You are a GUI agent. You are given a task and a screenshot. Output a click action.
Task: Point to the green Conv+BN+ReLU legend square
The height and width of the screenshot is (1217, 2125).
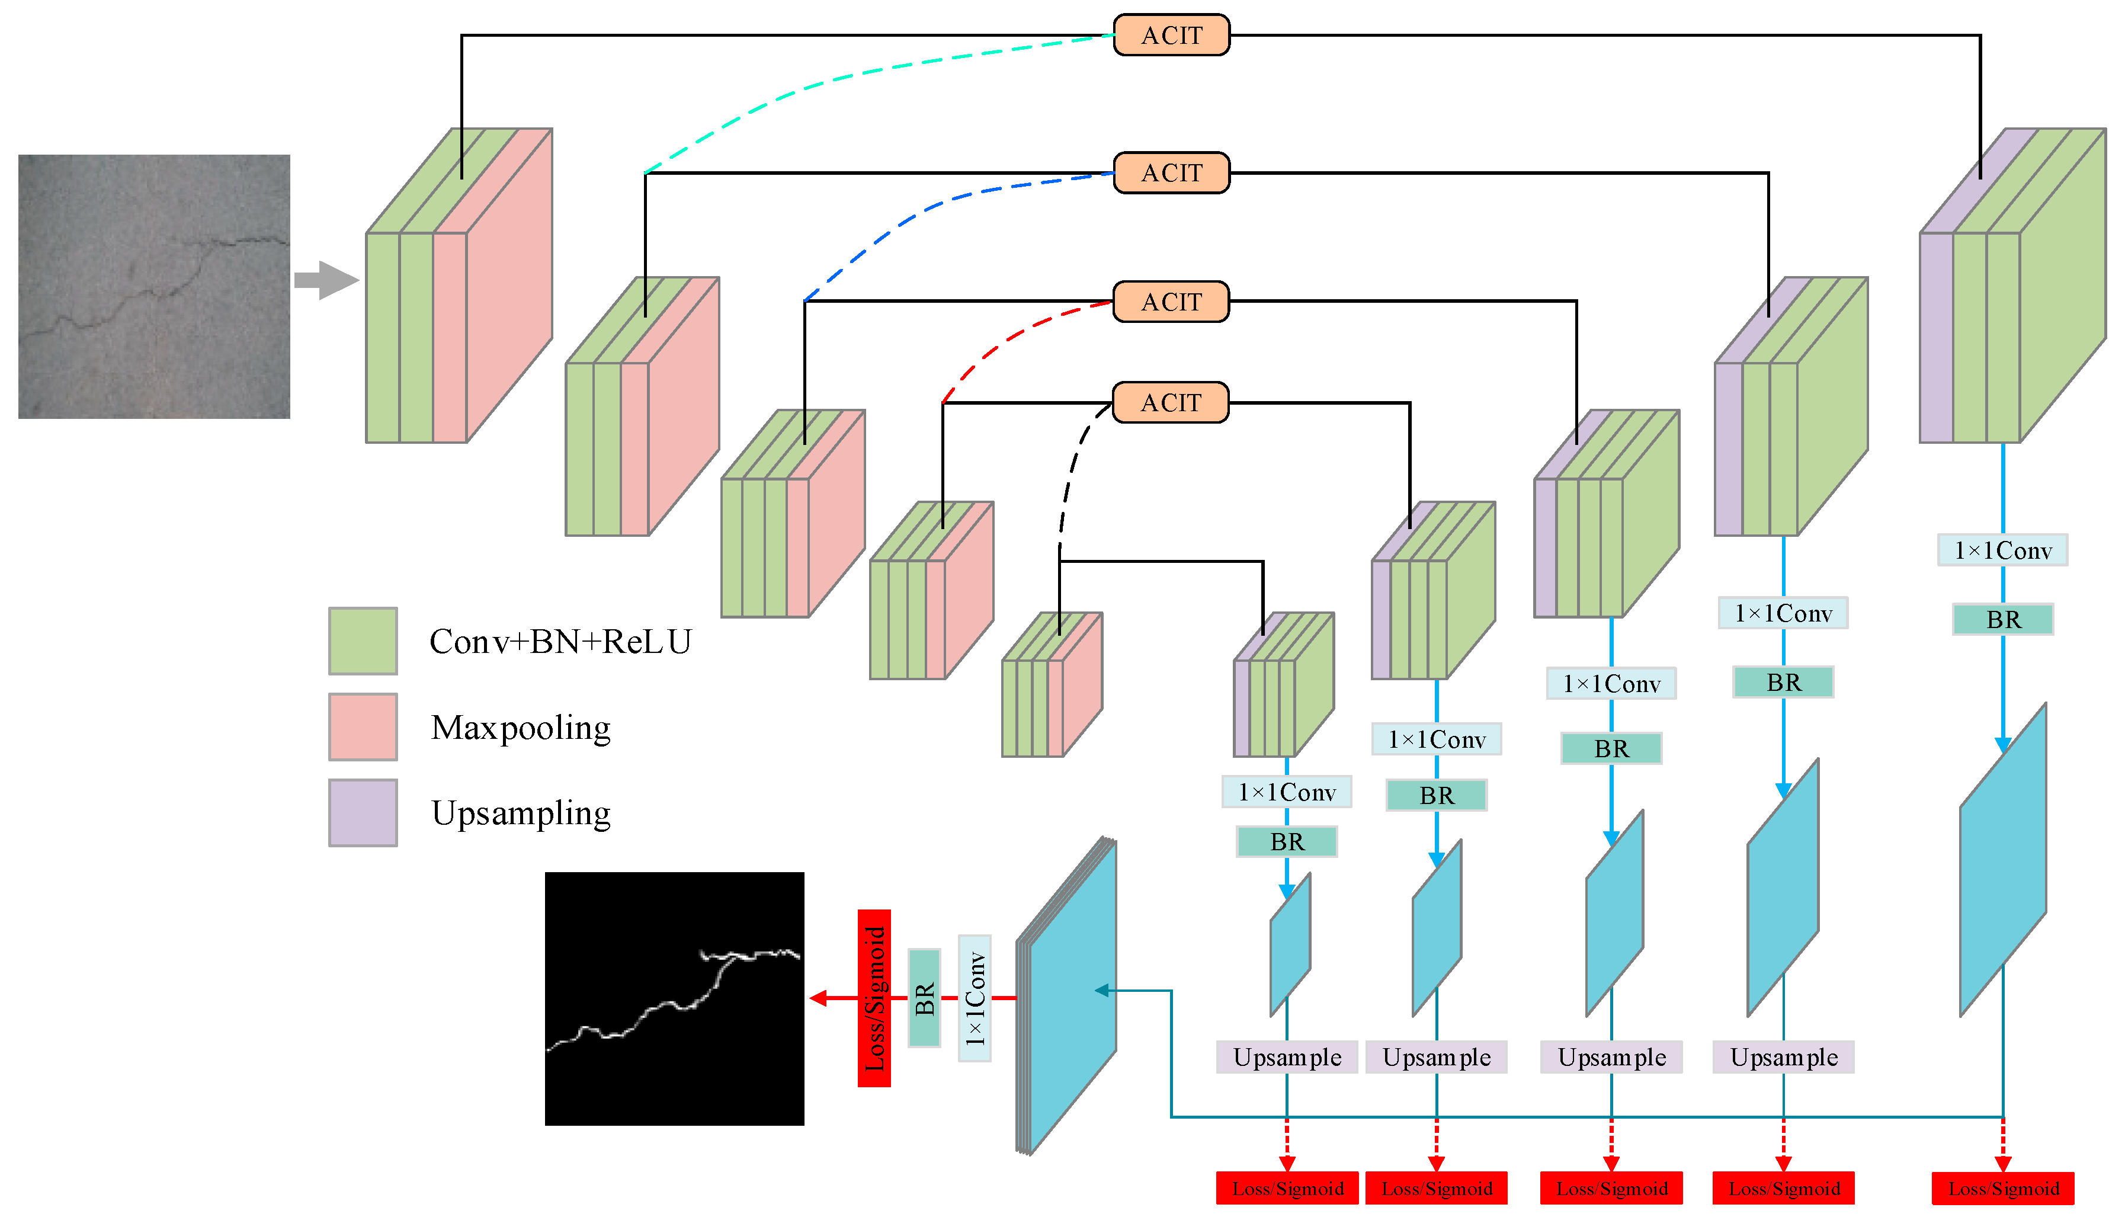point(363,641)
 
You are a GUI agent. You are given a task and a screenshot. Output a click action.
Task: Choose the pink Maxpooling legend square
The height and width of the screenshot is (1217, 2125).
point(363,726)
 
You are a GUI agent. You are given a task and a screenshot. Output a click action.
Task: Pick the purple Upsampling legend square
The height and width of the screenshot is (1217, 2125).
point(363,812)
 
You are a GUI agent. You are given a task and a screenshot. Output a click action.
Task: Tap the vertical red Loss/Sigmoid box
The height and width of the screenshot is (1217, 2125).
point(874,998)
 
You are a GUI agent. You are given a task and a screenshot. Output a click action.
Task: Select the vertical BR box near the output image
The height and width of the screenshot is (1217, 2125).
point(924,998)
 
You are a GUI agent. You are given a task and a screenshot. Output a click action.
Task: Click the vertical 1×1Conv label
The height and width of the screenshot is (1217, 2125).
point(975,998)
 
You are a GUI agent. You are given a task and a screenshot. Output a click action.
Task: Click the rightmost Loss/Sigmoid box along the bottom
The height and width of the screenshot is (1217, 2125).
point(2002,1188)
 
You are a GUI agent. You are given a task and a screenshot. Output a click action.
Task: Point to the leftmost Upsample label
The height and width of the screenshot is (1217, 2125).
point(1287,1058)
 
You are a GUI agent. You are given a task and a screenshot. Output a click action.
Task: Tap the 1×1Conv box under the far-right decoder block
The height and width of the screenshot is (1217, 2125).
point(2002,550)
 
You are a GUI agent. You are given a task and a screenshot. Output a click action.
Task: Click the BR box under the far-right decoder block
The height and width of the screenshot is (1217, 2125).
point(2002,619)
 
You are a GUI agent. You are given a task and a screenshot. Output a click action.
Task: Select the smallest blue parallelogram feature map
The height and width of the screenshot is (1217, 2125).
point(1289,944)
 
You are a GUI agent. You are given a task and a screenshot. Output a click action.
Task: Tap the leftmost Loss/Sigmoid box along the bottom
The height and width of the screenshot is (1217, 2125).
point(1287,1188)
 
